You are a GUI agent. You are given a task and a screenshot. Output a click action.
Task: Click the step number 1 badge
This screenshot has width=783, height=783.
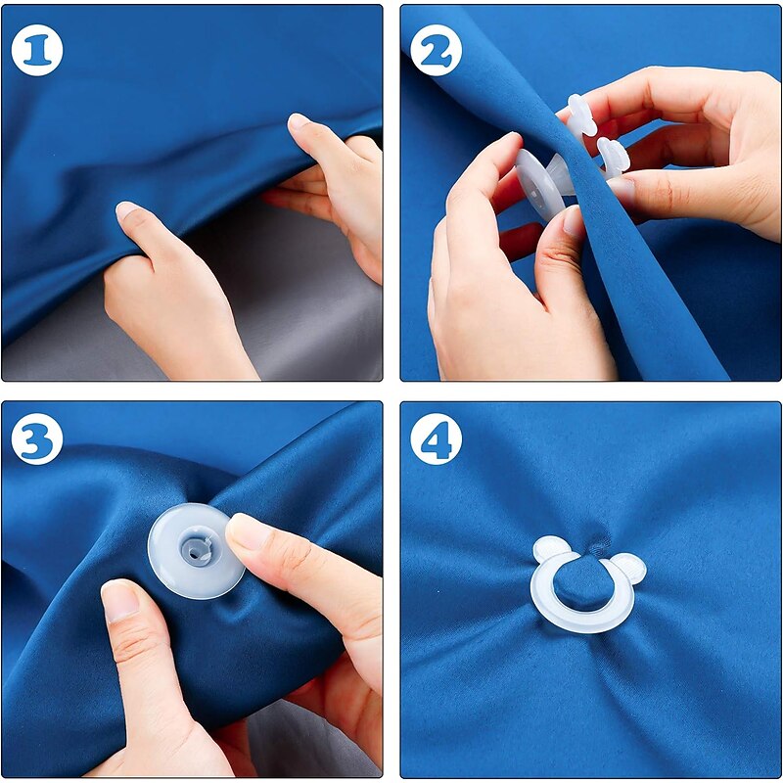pos(37,50)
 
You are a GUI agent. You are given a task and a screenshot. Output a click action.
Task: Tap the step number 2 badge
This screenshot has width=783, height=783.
pos(436,50)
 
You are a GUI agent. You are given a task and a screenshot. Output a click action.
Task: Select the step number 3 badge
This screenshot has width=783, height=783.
pos(37,438)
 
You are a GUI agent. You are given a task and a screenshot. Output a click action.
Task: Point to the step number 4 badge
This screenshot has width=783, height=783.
pos(436,438)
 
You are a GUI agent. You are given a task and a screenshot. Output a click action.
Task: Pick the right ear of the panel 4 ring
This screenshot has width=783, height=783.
pos(629,567)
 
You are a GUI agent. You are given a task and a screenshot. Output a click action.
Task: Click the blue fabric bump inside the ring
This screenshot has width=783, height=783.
pos(582,584)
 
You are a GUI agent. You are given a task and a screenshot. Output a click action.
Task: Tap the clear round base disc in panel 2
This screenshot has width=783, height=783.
pos(536,185)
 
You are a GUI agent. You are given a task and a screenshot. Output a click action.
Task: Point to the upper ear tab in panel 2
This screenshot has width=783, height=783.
pos(581,115)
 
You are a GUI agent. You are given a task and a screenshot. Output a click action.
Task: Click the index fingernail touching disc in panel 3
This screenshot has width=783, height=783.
pos(249,533)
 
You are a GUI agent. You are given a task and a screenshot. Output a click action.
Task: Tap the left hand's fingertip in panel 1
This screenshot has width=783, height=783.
pos(127,210)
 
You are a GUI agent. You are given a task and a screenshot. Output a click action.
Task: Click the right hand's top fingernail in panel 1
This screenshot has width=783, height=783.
pos(299,121)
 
